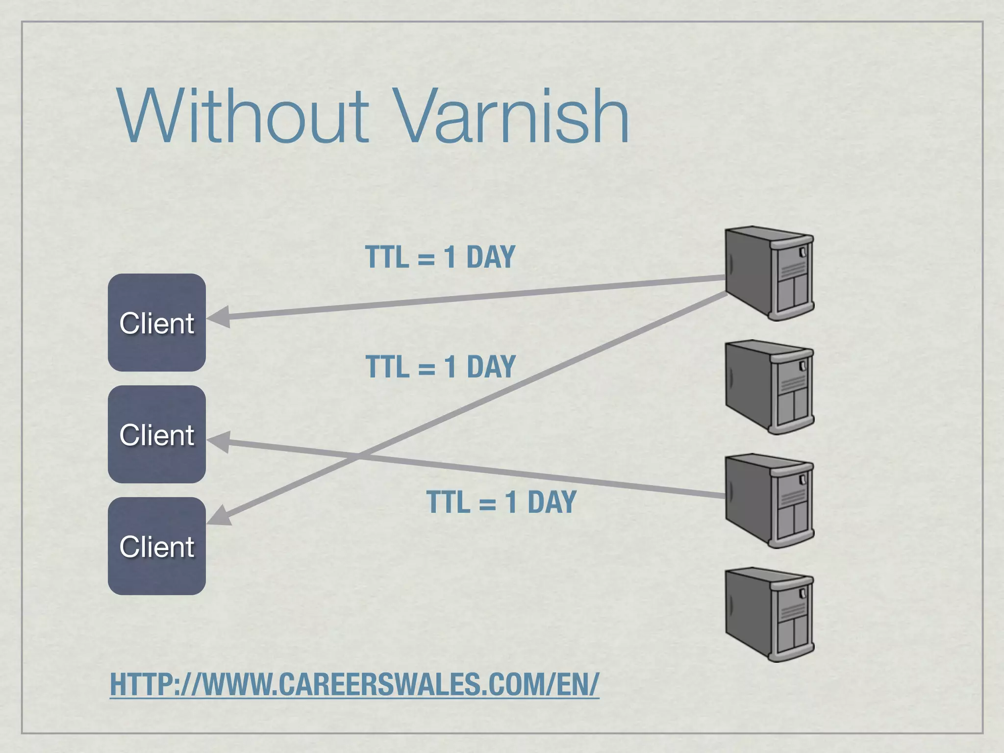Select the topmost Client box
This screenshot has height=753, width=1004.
coord(157,323)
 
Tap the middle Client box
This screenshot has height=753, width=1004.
coord(157,434)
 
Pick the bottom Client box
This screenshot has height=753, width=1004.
coord(157,546)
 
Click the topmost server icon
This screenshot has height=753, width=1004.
coord(769,273)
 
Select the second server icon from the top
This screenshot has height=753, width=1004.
coord(769,387)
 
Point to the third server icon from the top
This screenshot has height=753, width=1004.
coord(769,501)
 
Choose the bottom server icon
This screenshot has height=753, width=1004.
coord(769,614)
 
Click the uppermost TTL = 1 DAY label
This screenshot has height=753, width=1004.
coord(440,257)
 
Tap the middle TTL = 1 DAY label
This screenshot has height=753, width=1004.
coord(440,367)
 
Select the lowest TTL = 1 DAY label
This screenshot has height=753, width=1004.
coord(501,502)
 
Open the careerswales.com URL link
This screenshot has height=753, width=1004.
coord(354,684)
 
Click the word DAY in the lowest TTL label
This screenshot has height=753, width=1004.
coord(552,502)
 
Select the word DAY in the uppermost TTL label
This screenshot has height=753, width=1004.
coord(490,257)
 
